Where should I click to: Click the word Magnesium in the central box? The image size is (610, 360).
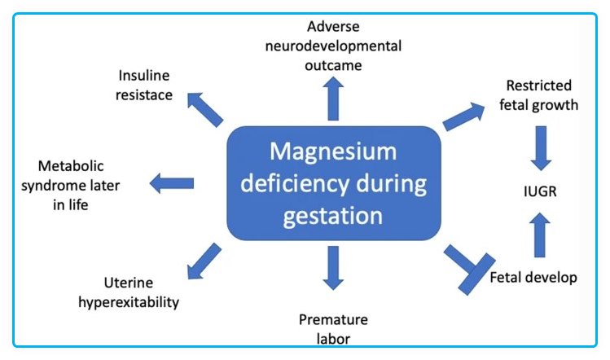coord(333,153)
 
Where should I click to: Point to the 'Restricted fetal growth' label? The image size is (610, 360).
coord(538,94)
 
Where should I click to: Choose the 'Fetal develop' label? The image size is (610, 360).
coord(534,278)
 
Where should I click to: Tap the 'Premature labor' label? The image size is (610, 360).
coord(333,327)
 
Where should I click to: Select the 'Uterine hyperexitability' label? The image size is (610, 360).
coord(141,293)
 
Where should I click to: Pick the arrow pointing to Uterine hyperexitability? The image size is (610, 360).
coord(203,260)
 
